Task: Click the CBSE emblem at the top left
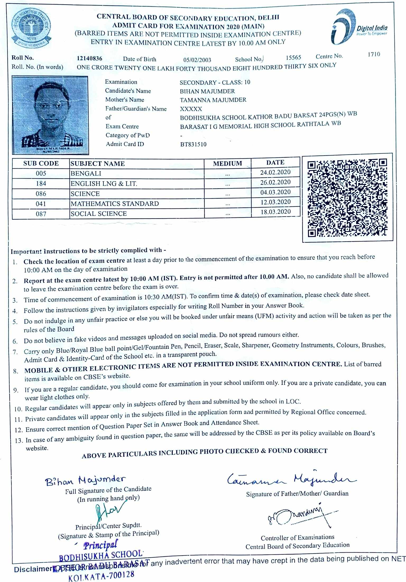(x=31, y=29)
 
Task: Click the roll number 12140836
(x=90, y=58)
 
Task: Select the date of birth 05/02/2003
(x=197, y=60)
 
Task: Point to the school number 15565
(x=293, y=57)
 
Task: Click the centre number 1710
(x=374, y=54)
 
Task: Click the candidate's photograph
(x=50, y=115)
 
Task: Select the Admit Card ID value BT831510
(x=193, y=144)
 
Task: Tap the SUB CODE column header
(x=41, y=163)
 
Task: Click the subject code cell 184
(x=41, y=184)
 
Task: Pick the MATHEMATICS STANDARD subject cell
(x=115, y=204)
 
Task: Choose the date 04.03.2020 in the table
(x=275, y=192)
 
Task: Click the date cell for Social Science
(x=275, y=212)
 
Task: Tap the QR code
(x=347, y=198)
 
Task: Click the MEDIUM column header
(x=227, y=163)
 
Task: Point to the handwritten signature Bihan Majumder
(x=85, y=480)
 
